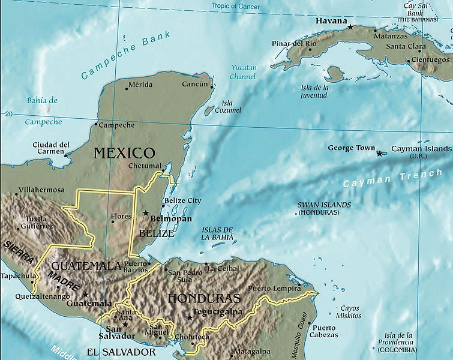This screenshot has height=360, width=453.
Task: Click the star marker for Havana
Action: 350,26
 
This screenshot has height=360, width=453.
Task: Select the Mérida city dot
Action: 127,89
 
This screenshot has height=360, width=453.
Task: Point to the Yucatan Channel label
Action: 243,72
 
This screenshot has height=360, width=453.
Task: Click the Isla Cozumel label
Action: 231,107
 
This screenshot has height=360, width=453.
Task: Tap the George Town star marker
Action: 379,154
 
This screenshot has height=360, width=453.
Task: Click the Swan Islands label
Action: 324,208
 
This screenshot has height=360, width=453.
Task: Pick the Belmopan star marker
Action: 145,213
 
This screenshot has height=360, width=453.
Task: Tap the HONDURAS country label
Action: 204,298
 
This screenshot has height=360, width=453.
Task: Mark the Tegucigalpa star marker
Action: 190,317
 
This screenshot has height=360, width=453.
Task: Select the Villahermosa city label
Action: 41,190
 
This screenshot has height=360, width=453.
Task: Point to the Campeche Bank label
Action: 125,55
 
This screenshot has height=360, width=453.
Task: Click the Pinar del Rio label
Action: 294,44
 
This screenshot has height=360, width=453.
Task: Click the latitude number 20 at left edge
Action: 8,114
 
